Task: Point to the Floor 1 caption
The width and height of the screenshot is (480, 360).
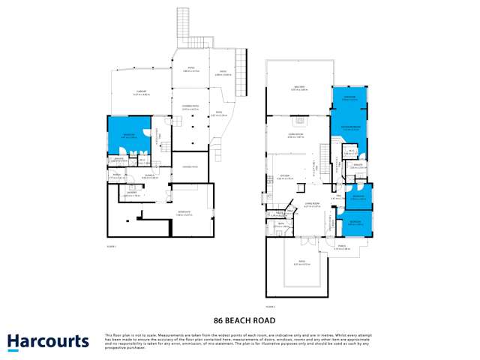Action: pos(111,247)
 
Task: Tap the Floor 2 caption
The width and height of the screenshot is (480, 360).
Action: pos(270,306)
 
